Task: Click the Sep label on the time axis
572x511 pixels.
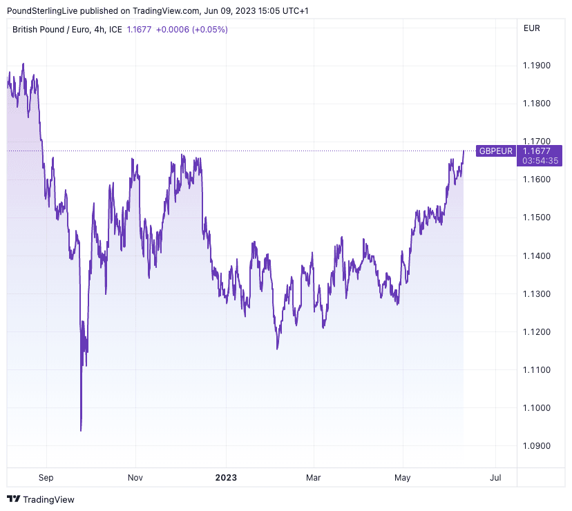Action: coord(46,477)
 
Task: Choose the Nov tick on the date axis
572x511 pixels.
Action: coord(135,477)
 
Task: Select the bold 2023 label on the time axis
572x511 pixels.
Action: coord(226,477)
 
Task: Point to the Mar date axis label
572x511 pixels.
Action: coord(314,477)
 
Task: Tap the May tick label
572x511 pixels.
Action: coord(402,477)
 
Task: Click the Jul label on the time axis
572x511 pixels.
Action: coord(495,477)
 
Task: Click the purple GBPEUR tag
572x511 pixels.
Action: coord(496,151)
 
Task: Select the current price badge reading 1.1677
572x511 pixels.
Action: coord(537,151)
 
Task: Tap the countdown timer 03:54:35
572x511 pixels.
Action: coord(541,160)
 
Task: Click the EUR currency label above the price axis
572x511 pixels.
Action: coord(532,28)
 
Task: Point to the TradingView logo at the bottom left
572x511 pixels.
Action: coord(41,499)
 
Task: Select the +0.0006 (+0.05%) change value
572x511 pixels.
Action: coord(191,30)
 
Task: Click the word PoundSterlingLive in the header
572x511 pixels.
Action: coord(42,11)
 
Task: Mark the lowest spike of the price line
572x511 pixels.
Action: coord(81,431)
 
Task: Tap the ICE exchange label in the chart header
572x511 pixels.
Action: coord(116,30)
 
